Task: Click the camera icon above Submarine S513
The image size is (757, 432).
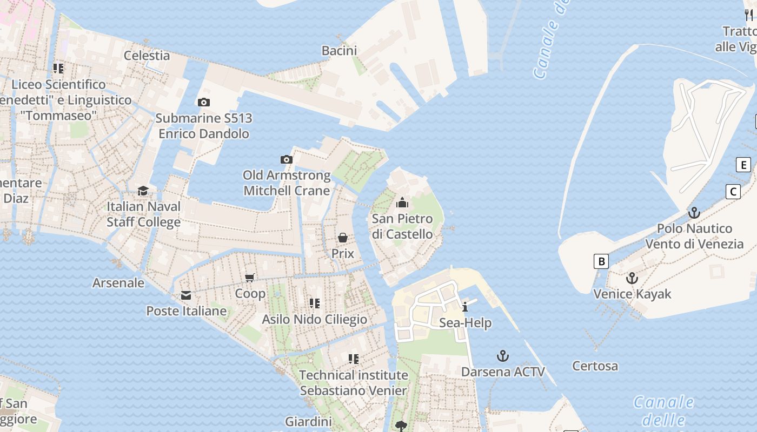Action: pyautogui.click(x=204, y=102)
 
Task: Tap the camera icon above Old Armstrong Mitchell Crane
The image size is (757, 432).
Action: pyautogui.click(x=287, y=159)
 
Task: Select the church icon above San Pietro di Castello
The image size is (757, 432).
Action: pyautogui.click(x=402, y=202)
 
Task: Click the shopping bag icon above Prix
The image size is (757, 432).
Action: pyautogui.click(x=343, y=237)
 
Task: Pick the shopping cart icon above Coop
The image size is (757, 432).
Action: pyautogui.click(x=250, y=278)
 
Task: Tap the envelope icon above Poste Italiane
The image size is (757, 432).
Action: pyautogui.click(x=186, y=295)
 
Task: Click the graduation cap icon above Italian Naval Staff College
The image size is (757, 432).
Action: pyautogui.click(x=143, y=191)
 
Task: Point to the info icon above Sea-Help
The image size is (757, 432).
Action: pyautogui.click(x=465, y=307)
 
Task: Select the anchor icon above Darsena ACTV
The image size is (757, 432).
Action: pyautogui.click(x=503, y=356)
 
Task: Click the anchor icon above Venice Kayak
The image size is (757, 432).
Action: pyautogui.click(x=632, y=278)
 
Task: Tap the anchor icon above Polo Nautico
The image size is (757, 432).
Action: pyautogui.click(x=694, y=212)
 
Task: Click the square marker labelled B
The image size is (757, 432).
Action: pyautogui.click(x=601, y=261)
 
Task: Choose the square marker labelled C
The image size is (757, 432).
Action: pyautogui.click(x=733, y=191)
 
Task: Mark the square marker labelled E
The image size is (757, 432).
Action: pyautogui.click(x=743, y=165)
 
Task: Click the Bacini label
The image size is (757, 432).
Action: pyautogui.click(x=339, y=51)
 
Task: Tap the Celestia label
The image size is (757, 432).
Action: pyautogui.click(x=147, y=56)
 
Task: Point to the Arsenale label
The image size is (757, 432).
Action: pyautogui.click(x=118, y=283)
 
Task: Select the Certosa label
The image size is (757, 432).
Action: pyautogui.click(x=595, y=366)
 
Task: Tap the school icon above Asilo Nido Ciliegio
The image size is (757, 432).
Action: pyautogui.click(x=314, y=303)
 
